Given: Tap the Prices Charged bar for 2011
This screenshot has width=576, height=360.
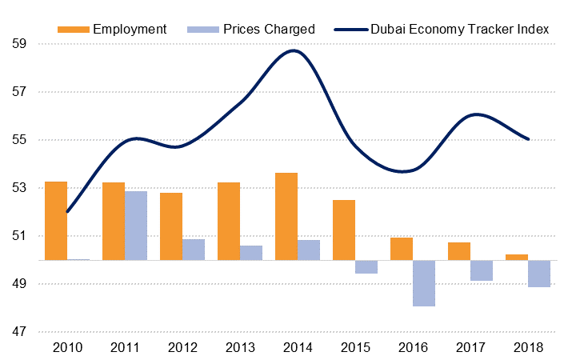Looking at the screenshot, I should (x=136, y=226).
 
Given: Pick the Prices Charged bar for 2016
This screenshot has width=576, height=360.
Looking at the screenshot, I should (x=424, y=283).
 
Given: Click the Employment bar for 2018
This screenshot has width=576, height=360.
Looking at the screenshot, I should (x=517, y=257).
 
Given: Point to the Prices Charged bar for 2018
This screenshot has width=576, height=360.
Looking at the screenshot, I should (x=539, y=274).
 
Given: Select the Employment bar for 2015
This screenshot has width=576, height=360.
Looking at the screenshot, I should (x=344, y=230).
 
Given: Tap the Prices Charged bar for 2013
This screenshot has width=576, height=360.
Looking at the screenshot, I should (x=251, y=253).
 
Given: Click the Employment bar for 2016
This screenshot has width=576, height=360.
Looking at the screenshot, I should (x=402, y=249).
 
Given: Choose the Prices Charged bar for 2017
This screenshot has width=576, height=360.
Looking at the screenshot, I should (x=482, y=270).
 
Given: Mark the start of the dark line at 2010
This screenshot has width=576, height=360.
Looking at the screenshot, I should (x=67, y=212).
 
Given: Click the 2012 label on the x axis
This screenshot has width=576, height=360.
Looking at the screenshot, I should (x=182, y=348).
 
